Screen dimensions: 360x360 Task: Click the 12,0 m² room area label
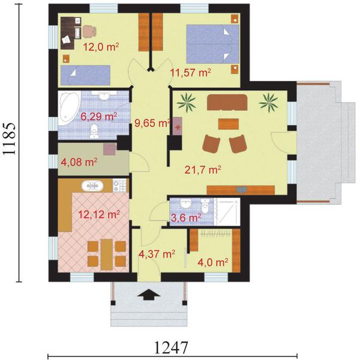tap(101, 47)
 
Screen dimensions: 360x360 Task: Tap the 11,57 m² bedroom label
tap(191, 73)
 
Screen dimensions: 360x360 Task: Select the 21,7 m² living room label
tap(203, 170)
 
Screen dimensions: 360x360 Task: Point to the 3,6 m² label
tap(187, 218)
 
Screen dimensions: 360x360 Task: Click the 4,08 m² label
tap(79, 162)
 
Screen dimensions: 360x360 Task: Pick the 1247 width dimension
tap(172, 347)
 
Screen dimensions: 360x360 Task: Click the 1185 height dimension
tap(10, 139)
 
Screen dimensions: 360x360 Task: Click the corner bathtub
tap(69, 109)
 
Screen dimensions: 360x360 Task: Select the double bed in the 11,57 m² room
tap(212, 44)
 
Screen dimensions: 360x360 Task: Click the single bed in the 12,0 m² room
tap(85, 75)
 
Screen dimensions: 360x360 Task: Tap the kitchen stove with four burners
tap(119, 185)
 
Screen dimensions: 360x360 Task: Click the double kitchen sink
tap(92, 185)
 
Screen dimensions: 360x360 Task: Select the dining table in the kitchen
tap(107, 254)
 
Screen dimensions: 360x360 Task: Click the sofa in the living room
tap(227, 102)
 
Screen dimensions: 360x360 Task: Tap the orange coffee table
tap(229, 124)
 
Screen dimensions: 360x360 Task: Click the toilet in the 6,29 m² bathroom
tap(94, 131)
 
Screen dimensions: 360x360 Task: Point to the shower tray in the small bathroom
tap(227, 212)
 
